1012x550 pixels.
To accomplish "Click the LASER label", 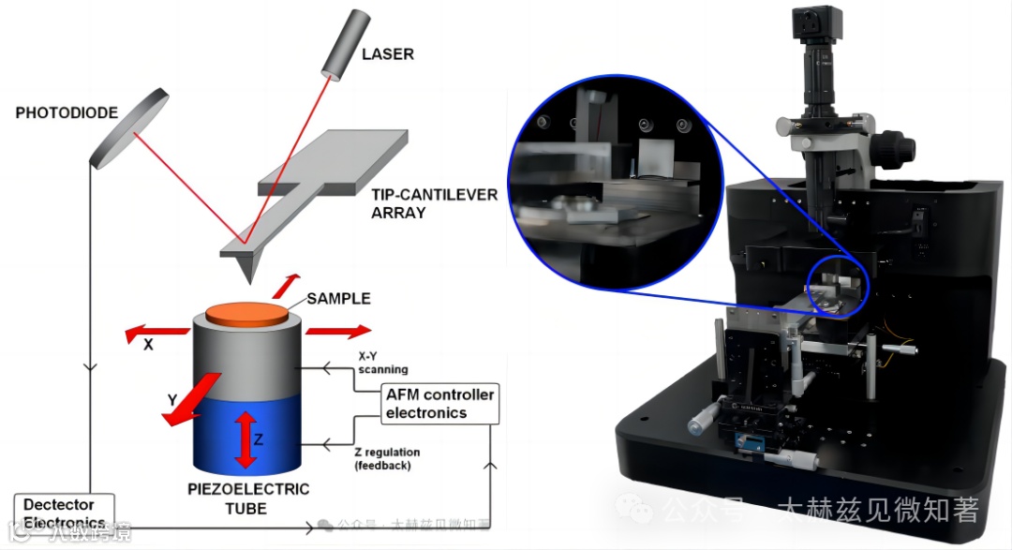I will (x=387, y=54).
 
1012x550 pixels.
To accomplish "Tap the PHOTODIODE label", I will (x=67, y=113).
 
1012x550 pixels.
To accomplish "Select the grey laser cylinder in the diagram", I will (x=341, y=44).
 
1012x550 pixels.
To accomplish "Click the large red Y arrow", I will (x=192, y=398).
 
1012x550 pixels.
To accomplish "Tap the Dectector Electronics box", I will (x=64, y=513).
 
